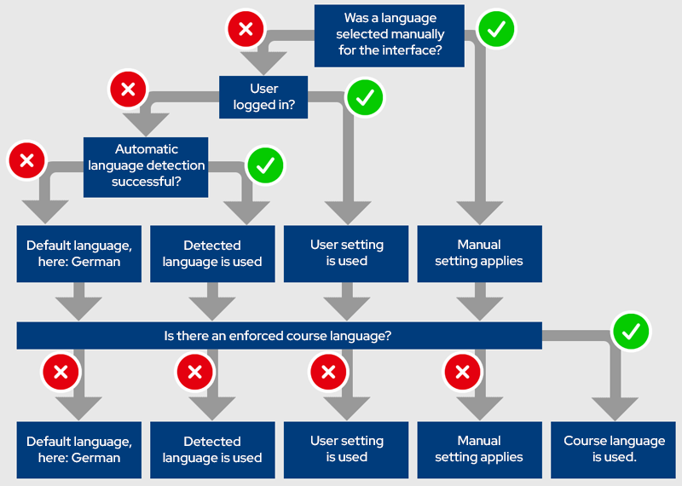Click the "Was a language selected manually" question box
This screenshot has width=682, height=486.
(390, 35)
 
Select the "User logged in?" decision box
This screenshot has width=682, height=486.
(263, 96)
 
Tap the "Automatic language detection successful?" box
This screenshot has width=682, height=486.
(146, 166)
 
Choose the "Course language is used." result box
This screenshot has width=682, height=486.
(614, 449)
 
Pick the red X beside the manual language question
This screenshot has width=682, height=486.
(246, 30)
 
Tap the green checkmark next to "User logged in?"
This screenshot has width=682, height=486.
(365, 98)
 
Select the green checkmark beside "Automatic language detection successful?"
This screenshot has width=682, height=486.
(265, 165)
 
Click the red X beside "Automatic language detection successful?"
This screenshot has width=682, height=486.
(26, 159)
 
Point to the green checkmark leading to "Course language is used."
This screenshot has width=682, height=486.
(631, 332)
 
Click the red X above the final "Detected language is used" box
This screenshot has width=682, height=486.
(194, 371)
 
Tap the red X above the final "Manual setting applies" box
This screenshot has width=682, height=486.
(462, 371)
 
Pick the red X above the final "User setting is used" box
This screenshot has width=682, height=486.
(328, 371)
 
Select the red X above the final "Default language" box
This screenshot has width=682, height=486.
(61, 371)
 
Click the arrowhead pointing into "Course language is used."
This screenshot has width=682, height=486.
(614, 409)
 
